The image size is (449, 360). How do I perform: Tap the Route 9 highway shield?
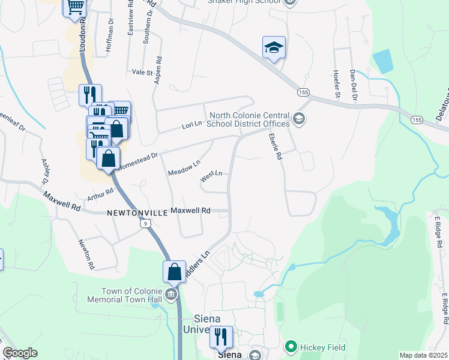tap(145, 223)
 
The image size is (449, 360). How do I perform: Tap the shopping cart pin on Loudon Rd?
tap(75, 8)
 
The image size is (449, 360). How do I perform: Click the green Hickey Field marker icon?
tap(291, 346)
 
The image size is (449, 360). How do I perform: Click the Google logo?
tap(20, 353)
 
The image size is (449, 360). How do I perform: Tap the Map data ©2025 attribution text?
tap(423, 355)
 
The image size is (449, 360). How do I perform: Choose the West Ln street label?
tap(211, 175)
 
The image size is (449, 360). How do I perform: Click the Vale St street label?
tap(143, 72)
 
